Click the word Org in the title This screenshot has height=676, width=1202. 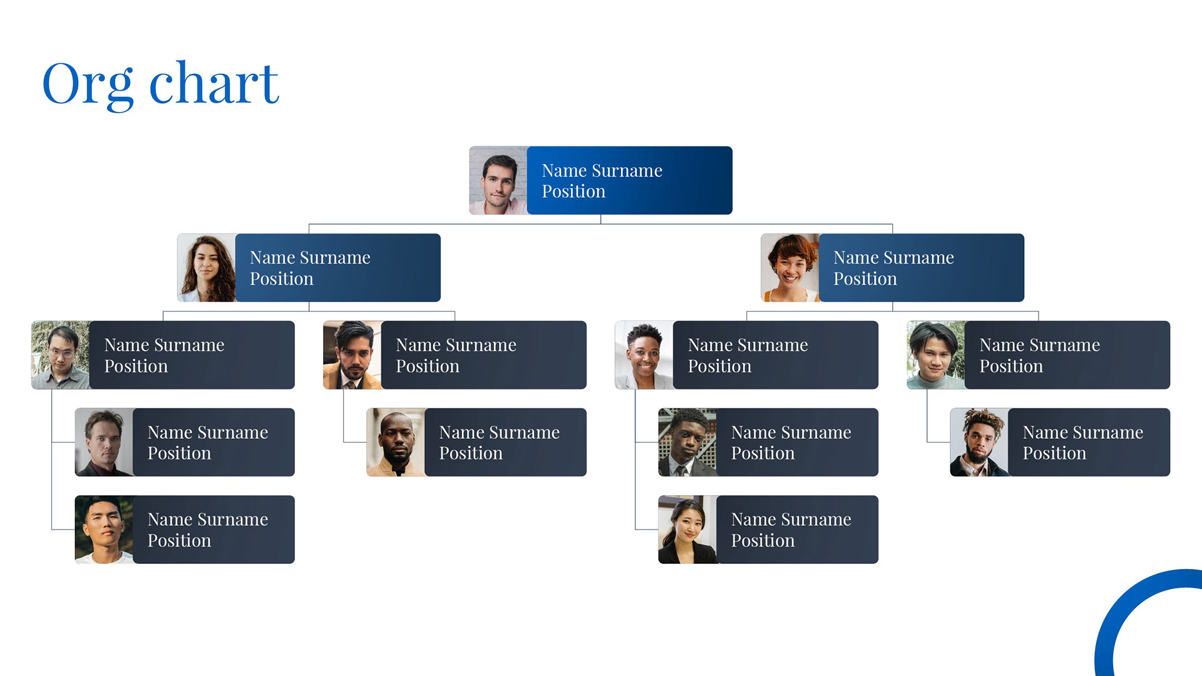88,84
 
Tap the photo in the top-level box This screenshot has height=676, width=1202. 498,181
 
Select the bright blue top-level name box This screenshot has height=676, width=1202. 629,181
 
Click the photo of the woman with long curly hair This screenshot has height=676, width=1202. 207,268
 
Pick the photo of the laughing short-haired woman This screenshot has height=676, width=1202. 790,268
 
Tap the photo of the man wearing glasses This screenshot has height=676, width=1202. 61,355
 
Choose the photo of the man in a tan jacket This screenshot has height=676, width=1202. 352,355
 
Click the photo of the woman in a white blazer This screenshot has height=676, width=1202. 644,355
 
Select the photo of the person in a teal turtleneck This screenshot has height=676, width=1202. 936,355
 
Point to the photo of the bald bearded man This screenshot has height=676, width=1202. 396,443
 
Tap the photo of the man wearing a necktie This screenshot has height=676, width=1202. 687,443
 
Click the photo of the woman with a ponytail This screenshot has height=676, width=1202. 687,530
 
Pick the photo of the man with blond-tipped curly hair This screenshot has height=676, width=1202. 979,443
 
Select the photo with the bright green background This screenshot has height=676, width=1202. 104,530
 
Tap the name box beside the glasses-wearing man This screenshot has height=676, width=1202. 192,355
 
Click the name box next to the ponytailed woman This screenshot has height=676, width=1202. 797,530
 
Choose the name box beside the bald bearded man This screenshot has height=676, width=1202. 505,443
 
